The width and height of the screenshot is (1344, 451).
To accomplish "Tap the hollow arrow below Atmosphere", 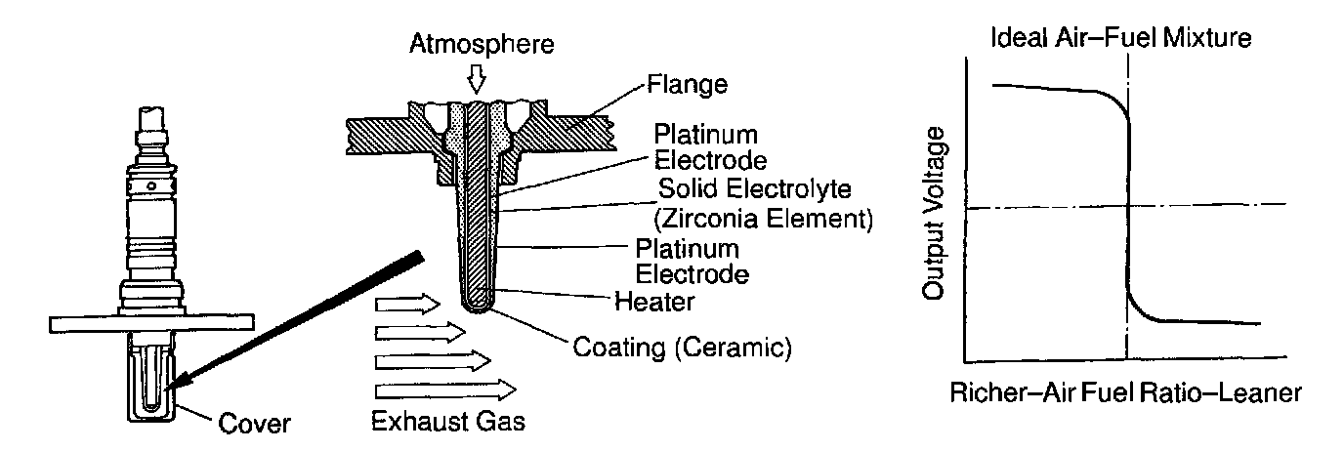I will coord(476,77).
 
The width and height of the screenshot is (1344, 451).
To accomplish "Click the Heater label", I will coord(654,302).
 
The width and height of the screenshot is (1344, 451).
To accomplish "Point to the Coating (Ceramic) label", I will coord(682,347).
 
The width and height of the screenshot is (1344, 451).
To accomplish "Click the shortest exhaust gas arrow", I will coord(409,304).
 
